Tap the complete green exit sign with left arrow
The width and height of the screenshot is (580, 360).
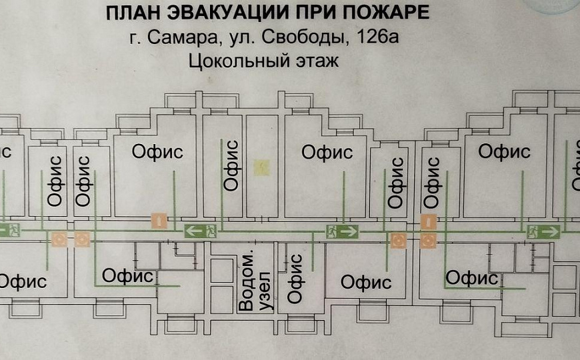(x=201, y=231)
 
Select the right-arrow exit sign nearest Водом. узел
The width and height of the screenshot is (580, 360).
(x=342, y=231)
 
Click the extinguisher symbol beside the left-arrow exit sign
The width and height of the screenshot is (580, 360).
(x=159, y=220)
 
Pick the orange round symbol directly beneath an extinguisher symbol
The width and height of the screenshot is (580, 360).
(x=428, y=240)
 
